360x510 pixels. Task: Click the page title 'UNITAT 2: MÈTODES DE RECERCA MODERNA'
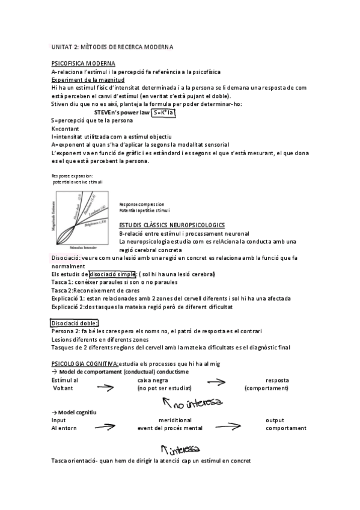pos(112,47)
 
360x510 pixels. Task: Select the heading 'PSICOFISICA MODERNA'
pos(84,63)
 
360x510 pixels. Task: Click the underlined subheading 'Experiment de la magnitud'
pos(88,79)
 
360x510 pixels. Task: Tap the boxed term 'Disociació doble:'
pos(74,324)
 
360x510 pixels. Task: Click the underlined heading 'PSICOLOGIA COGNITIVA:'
pos(85,364)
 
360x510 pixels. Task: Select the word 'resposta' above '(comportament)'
pos(276,380)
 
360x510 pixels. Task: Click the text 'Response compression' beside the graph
pos(141,204)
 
